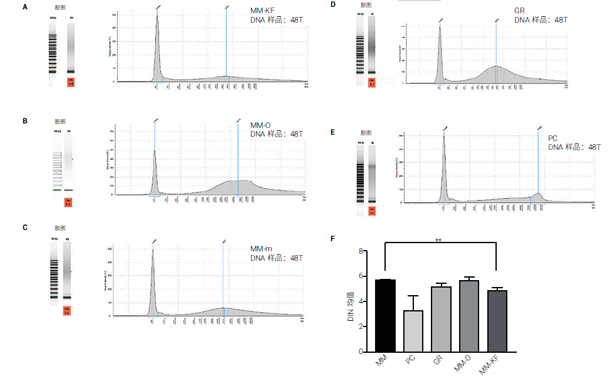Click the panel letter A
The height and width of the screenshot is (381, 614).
(25, 7)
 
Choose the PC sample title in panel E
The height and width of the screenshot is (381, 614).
(553, 138)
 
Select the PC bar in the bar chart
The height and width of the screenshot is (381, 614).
(411, 331)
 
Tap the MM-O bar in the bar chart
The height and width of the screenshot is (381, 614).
(468, 316)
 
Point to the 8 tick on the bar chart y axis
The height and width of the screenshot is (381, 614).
(361, 251)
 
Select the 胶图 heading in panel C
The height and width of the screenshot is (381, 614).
(60, 227)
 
